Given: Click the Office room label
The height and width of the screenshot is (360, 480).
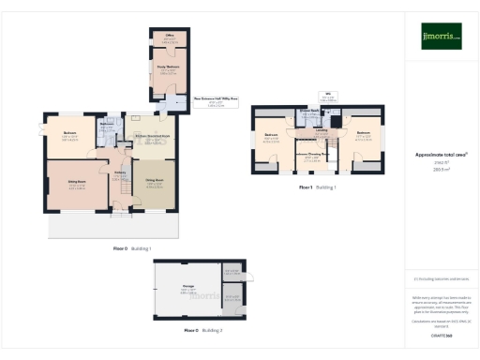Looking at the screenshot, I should pyautogui.click(x=171, y=38).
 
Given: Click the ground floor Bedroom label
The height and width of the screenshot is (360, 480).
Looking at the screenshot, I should pyautogui.click(x=69, y=133).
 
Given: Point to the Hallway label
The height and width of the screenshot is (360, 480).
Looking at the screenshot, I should pyautogui.click(x=120, y=172).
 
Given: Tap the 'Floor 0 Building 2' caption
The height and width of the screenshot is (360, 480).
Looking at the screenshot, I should pyautogui.click(x=202, y=331).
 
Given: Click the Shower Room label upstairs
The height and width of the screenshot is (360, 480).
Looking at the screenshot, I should pyautogui.click(x=310, y=111).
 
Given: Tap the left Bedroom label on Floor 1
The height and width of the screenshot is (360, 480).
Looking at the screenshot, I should pyautogui.click(x=271, y=135).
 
